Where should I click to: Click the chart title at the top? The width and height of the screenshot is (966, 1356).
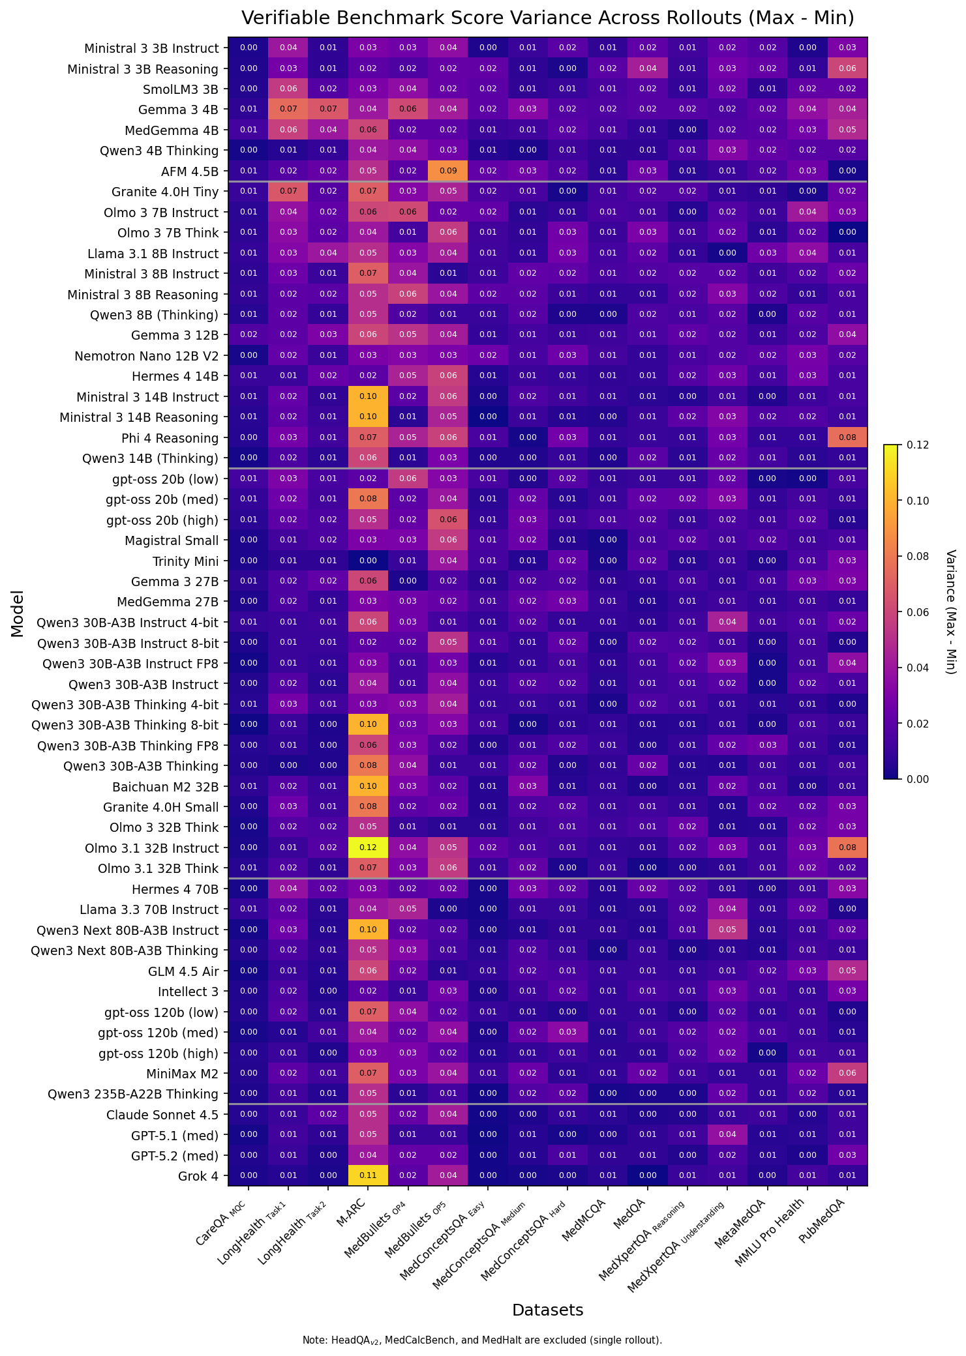[x=547, y=18]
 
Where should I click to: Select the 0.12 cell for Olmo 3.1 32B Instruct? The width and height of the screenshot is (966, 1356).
[x=368, y=847]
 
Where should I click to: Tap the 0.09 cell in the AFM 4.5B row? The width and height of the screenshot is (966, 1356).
[x=448, y=171]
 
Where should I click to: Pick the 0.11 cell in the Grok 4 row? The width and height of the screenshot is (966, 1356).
[x=368, y=1175]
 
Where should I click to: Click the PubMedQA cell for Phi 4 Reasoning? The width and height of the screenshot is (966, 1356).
[x=847, y=437]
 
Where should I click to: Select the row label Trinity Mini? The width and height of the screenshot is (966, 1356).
[x=185, y=561]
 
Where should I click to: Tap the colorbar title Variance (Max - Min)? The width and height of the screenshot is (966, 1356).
[x=950, y=612]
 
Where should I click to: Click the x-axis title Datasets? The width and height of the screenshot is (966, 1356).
[x=547, y=1310]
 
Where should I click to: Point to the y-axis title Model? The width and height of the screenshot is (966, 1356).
[x=18, y=613]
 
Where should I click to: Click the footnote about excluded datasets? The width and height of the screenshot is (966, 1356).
[x=482, y=1340]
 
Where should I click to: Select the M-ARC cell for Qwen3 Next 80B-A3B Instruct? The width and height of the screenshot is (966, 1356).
[x=368, y=930]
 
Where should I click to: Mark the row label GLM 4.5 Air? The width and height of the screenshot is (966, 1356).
[x=183, y=971]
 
